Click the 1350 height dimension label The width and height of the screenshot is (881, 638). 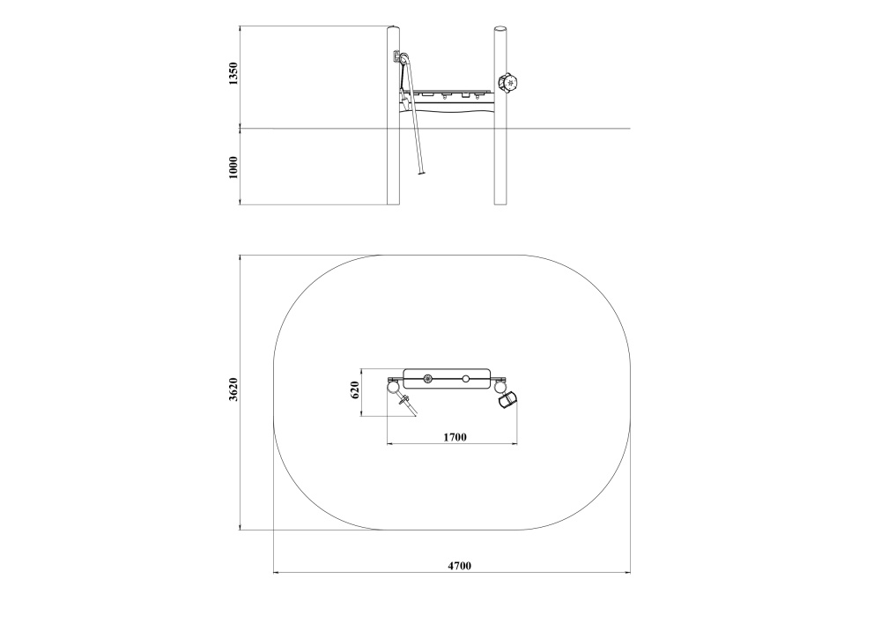(x=233, y=74)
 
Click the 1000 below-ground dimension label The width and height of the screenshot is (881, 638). (x=233, y=167)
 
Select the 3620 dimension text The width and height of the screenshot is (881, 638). (x=233, y=389)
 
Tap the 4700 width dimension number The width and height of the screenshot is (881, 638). (x=459, y=566)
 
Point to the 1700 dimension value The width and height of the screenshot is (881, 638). (x=455, y=437)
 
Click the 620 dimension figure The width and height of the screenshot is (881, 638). (x=354, y=389)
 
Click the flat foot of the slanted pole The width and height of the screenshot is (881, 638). (x=421, y=174)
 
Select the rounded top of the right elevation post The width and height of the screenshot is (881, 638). (x=500, y=28)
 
